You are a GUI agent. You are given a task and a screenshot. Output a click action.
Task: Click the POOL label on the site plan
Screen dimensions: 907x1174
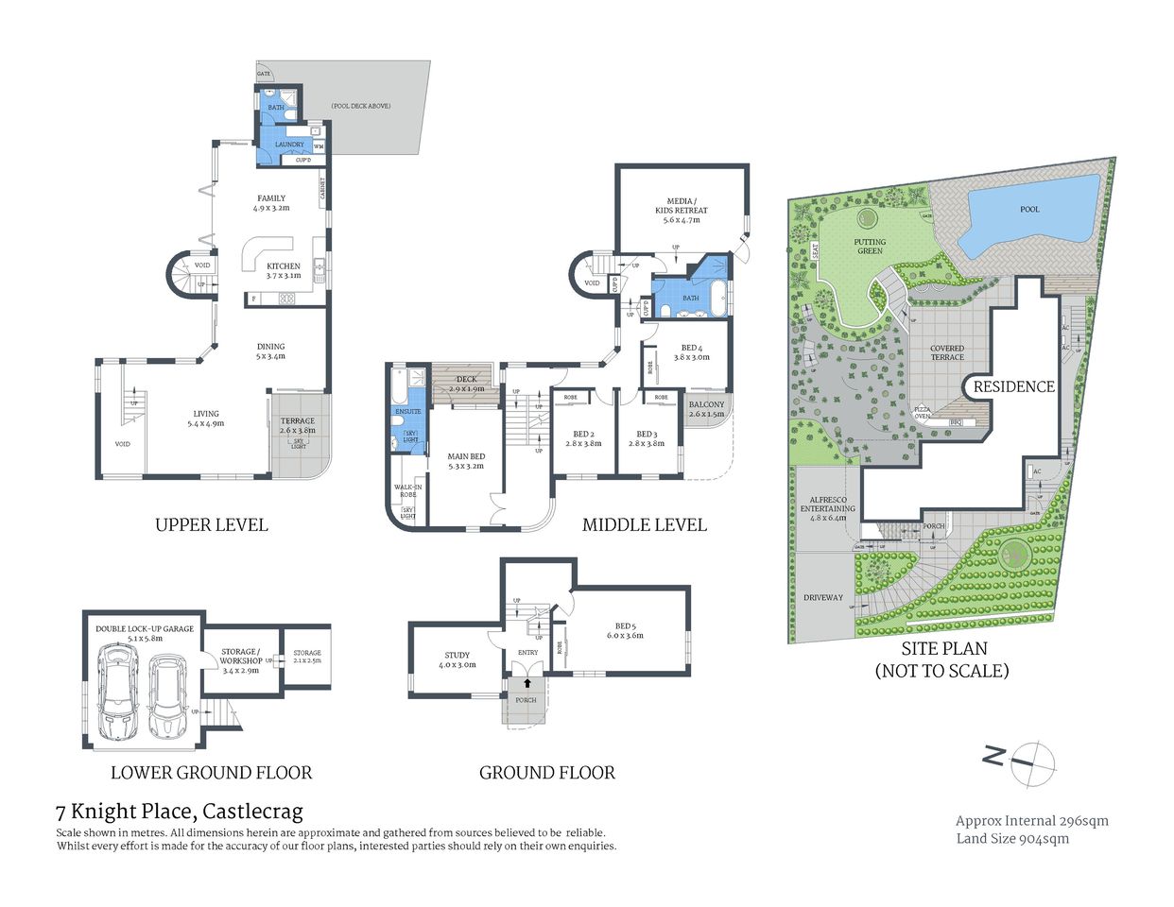click(1029, 209)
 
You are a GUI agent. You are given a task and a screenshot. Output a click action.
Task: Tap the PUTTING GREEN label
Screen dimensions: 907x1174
click(870, 247)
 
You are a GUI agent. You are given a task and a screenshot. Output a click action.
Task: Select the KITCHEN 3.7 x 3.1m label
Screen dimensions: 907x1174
click(283, 271)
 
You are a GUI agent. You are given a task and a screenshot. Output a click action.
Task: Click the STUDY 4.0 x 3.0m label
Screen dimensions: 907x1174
click(458, 659)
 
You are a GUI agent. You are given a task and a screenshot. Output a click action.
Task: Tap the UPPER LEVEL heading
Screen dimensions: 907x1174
click(211, 525)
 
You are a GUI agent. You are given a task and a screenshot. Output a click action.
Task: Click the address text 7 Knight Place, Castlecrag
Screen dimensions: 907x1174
click(180, 811)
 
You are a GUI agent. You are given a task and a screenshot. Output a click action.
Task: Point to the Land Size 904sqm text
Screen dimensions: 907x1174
click(1012, 838)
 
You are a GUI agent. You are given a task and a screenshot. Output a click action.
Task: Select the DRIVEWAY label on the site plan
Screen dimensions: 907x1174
click(822, 597)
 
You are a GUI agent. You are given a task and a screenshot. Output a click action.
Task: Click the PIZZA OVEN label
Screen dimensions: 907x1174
click(923, 413)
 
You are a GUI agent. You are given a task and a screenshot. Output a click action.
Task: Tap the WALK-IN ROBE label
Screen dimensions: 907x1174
click(407, 490)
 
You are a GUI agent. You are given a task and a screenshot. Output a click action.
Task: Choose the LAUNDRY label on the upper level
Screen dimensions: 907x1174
click(289, 145)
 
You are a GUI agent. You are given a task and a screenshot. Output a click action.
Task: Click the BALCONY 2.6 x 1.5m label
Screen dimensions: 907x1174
click(706, 409)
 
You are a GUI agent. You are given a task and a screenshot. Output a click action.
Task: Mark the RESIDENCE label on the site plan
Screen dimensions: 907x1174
click(1013, 386)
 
